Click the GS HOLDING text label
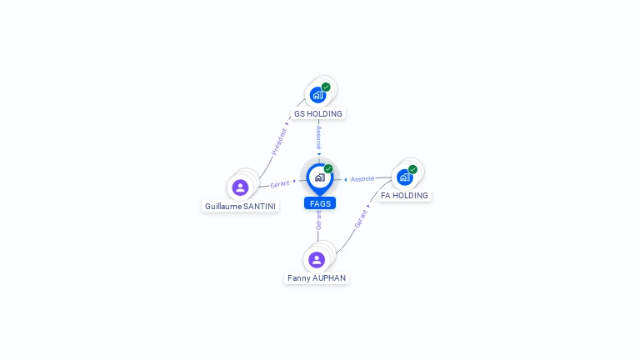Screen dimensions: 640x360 point(318,114)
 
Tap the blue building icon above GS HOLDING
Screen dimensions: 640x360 point(317,96)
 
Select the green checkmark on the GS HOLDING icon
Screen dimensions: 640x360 point(326,87)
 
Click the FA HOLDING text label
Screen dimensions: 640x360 point(404,196)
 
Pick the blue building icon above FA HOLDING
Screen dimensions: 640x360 point(404,177)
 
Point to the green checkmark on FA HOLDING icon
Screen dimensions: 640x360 point(412,169)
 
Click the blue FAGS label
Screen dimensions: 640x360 point(320,203)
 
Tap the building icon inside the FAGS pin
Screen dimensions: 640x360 point(320,177)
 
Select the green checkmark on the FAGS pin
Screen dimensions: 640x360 point(328,168)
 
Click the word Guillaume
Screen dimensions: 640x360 point(223,206)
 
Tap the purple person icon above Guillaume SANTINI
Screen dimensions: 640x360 point(240,187)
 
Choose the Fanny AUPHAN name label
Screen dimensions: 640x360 point(317,278)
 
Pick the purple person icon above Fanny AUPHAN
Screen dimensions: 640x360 point(317,260)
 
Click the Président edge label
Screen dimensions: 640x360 point(280,142)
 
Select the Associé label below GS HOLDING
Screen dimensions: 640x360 point(319,137)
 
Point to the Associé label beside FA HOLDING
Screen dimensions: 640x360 point(362,179)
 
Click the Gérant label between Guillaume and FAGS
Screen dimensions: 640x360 point(280,184)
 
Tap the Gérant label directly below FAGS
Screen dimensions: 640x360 point(318,220)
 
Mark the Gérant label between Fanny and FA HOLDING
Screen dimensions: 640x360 point(361,219)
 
